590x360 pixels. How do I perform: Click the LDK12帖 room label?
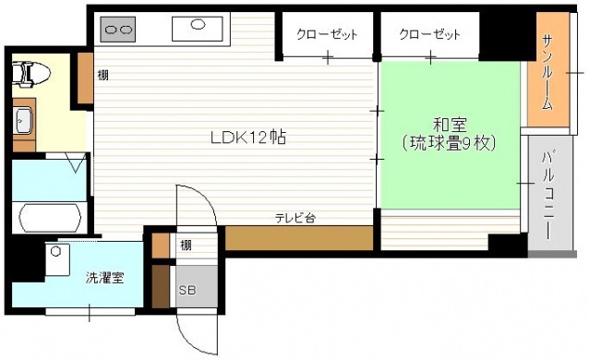(x=247, y=138)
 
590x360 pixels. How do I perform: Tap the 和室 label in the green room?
(x=452, y=124)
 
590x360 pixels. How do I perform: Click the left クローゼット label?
(x=328, y=35)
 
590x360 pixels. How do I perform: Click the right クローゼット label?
(x=430, y=35)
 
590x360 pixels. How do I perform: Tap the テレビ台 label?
(x=295, y=218)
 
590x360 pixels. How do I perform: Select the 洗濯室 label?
(x=104, y=277)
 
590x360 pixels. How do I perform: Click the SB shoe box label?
(x=187, y=289)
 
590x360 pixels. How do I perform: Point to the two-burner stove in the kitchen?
(x=118, y=30)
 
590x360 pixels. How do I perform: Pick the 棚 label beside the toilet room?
(x=103, y=75)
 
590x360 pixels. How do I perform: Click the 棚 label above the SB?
(x=186, y=245)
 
